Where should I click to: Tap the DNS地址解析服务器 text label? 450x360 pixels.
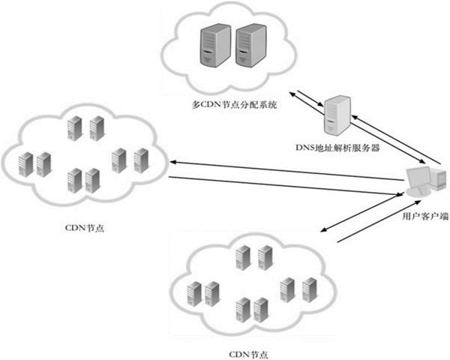(x=338, y=148)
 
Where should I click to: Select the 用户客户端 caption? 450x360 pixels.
(x=425, y=214)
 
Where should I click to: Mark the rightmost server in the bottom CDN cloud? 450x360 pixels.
(x=309, y=289)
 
